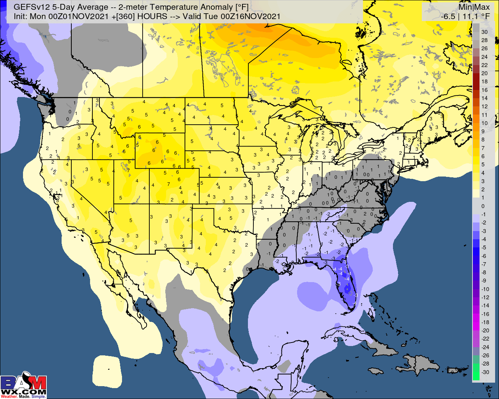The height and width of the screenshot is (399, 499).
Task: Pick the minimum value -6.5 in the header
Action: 448,16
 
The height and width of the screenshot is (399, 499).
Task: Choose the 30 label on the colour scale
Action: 484,32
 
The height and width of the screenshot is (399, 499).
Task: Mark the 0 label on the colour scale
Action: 483,206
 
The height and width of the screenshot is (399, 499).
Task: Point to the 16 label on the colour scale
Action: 484,90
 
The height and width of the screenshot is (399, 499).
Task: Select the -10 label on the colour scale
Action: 484,289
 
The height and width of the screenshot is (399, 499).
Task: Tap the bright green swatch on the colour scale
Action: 476,374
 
